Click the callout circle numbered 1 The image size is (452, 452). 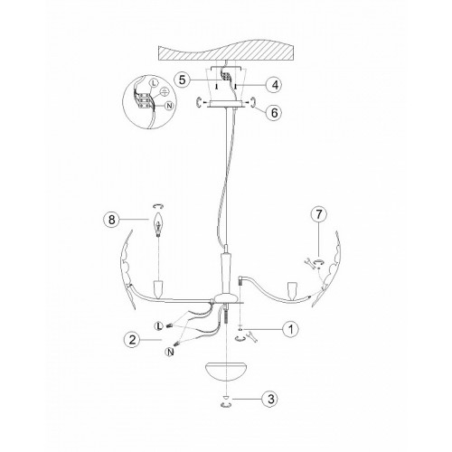[x=290, y=329]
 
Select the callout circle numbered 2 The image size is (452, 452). [x=132, y=340]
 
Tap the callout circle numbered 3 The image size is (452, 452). [x=271, y=399]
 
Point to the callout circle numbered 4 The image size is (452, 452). [x=275, y=85]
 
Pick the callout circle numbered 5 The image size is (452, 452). [x=182, y=80]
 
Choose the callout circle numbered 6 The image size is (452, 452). [x=274, y=113]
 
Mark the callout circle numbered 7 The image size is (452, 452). [x=319, y=214]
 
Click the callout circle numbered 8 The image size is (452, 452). [x=111, y=220]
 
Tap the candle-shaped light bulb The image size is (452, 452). [x=158, y=223]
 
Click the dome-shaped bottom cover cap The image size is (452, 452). [x=226, y=372]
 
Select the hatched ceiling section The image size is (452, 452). [x=226, y=53]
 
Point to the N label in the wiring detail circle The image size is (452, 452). [x=170, y=106]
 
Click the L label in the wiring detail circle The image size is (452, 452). [x=153, y=84]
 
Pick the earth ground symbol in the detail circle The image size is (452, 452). [x=164, y=90]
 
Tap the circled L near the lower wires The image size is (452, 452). [x=158, y=326]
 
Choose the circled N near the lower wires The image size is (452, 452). [x=170, y=352]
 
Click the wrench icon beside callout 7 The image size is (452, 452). [x=308, y=262]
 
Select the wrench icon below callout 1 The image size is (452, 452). [x=252, y=336]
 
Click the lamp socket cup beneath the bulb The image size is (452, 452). [x=158, y=287]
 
